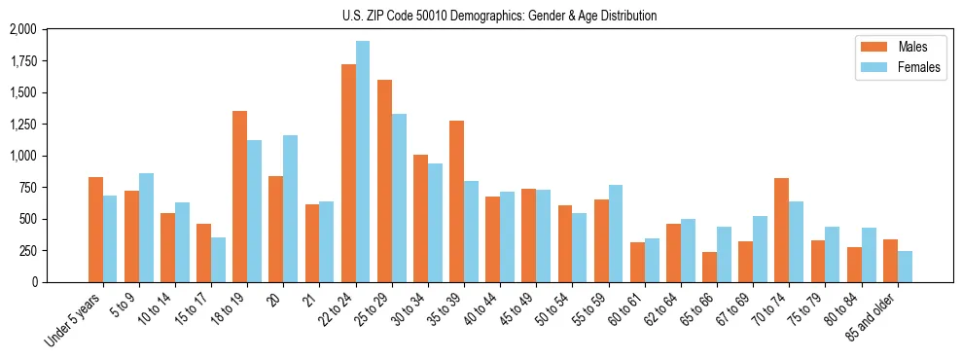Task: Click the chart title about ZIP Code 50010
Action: [x=499, y=16]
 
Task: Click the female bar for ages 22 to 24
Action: [x=363, y=162]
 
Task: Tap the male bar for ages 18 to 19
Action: [x=240, y=197]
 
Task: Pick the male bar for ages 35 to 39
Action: [x=456, y=201]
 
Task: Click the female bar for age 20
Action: [x=291, y=208]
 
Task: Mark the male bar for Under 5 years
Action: [x=95, y=230]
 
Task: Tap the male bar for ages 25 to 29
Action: [x=384, y=181]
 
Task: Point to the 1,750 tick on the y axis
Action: [x=22, y=61]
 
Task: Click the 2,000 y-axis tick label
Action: [x=22, y=30]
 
